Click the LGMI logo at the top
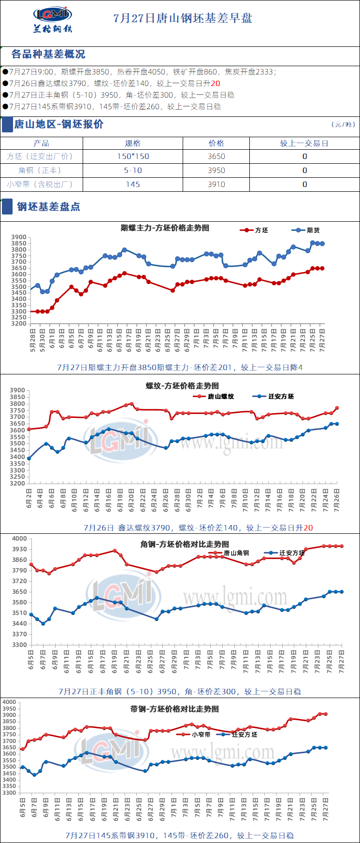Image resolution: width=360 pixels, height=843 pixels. (53, 19)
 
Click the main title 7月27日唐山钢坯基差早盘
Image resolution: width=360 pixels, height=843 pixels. (183, 18)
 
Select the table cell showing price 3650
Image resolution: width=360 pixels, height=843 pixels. (216, 157)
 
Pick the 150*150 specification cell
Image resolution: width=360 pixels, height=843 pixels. (133, 157)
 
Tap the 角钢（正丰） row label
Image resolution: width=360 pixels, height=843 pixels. (42, 171)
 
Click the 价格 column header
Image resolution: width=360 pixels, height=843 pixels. (216, 143)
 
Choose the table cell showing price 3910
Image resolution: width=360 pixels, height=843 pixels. (216, 185)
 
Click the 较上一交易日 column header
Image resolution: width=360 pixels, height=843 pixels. (304, 143)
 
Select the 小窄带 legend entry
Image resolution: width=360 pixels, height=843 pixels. (194, 734)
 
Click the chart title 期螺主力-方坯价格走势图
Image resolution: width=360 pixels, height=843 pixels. (165, 228)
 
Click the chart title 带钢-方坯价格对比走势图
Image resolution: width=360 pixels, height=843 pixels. (174, 709)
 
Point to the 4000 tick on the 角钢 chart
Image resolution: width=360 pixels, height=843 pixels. (19, 539)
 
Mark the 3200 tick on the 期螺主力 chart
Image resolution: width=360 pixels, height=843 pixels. (19, 324)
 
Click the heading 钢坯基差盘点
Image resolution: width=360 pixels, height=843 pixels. (48, 207)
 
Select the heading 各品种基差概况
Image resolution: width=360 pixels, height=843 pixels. (48, 54)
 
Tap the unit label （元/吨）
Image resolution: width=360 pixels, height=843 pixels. (343, 125)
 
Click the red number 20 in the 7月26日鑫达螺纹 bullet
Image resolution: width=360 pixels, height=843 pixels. (216, 84)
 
